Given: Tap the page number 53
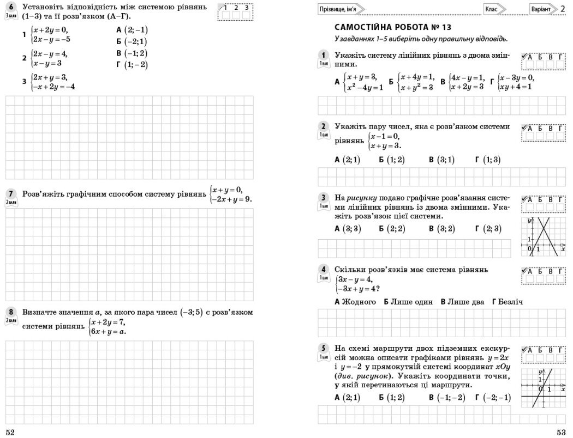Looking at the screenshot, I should (561, 431).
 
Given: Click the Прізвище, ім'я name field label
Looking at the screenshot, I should (340, 9).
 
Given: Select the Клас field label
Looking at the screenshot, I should (493, 9).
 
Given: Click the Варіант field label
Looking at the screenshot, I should (542, 9).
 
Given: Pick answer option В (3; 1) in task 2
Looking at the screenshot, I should (441, 160).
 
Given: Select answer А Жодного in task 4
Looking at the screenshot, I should (355, 301).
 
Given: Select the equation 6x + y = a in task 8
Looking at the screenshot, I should (108, 331).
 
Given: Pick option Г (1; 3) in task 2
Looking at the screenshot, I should (487, 160).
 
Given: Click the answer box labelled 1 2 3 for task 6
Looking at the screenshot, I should (236, 11).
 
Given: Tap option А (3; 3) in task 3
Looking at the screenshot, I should (348, 229).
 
